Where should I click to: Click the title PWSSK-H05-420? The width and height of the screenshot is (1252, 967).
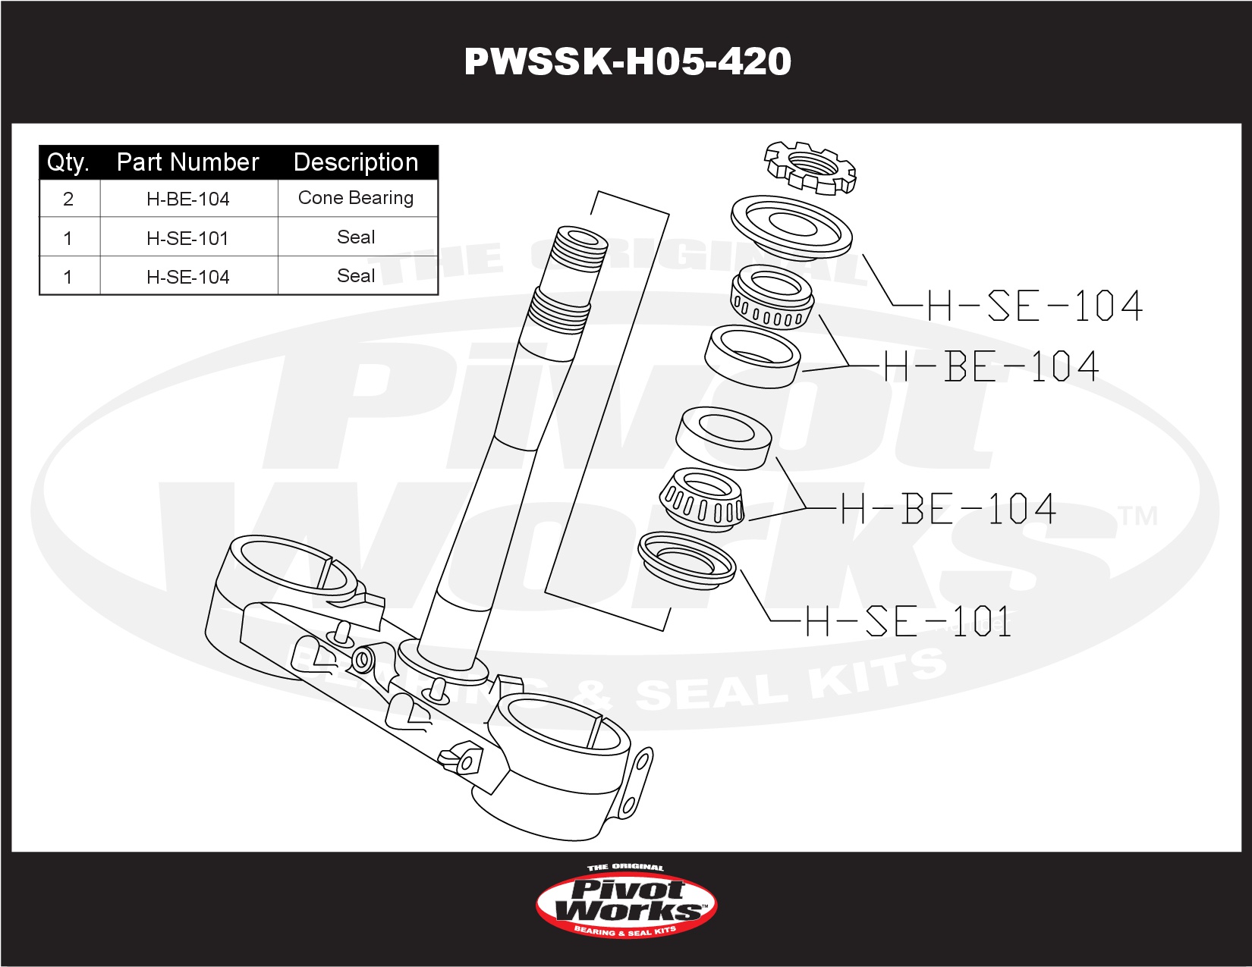click(627, 61)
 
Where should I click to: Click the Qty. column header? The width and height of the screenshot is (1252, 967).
click(68, 162)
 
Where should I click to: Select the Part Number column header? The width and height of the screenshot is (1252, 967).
click(187, 162)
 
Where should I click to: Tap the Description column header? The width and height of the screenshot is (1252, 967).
click(356, 162)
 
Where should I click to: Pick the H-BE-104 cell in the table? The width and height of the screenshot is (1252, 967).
click(187, 199)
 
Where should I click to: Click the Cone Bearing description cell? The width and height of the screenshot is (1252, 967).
click(356, 198)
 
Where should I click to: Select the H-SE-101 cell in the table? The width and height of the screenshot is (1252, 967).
click(187, 238)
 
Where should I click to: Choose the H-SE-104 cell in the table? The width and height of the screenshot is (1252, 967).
click(187, 277)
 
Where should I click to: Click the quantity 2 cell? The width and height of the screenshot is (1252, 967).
click(68, 199)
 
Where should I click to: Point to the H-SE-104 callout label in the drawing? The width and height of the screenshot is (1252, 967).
click(1033, 306)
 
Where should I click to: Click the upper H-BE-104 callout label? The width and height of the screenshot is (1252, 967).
click(991, 366)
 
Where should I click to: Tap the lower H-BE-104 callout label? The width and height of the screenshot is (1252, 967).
click(948, 509)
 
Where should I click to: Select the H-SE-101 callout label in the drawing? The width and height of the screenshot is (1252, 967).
click(908, 622)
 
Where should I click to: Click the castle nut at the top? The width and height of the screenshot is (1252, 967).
click(810, 165)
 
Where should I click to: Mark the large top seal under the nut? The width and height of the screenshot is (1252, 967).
click(791, 224)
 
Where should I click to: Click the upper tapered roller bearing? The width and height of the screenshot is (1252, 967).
click(772, 297)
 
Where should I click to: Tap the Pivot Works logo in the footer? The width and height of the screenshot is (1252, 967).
click(626, 904)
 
